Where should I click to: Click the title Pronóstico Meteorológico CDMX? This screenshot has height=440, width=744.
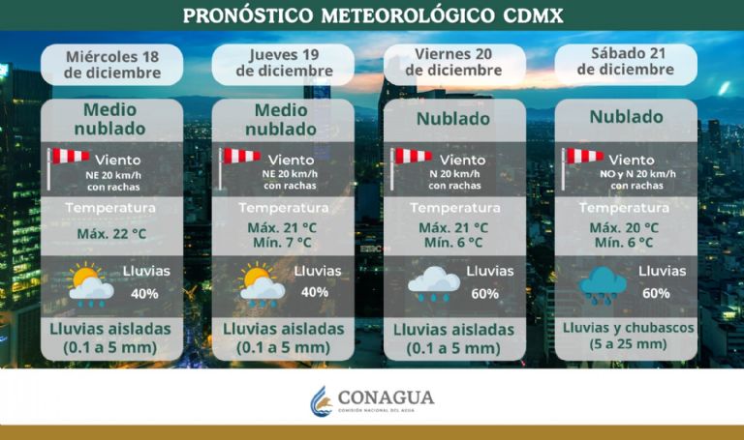point(372,15)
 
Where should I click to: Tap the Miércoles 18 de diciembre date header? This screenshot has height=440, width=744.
point(111,62)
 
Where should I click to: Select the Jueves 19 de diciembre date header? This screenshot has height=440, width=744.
point(284,62)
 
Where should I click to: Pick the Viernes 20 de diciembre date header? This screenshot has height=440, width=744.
point(455,62)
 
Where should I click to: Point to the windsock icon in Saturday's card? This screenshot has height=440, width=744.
point(581,165)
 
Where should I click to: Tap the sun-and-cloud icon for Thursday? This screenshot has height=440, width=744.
point(262,285)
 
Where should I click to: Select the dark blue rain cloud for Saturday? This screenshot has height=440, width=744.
point(603,285)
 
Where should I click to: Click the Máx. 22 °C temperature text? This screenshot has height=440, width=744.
point(112,235)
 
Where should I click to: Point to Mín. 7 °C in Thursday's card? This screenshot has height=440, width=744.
point(281,243)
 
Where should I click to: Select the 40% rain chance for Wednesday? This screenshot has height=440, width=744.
point(145,293)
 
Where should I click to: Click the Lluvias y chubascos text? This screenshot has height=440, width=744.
point(625,327)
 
